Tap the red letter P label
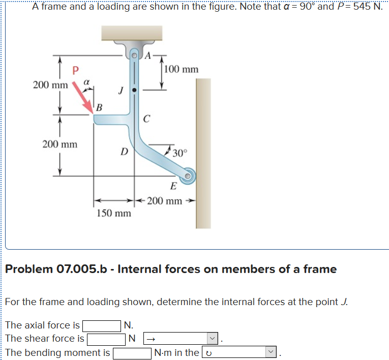[x=75, y=71]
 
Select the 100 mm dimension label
[x=182, y=69]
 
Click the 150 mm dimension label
[x=114, y=213]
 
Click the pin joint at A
[x=135, y=54]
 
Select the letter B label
[x=99, y=108]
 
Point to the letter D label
[x=123, y=151]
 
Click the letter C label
[x=146, y=119]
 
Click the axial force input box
[x=102, y=325]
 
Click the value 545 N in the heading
[x=366, y=7]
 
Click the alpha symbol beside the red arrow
[x=87, y=81]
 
